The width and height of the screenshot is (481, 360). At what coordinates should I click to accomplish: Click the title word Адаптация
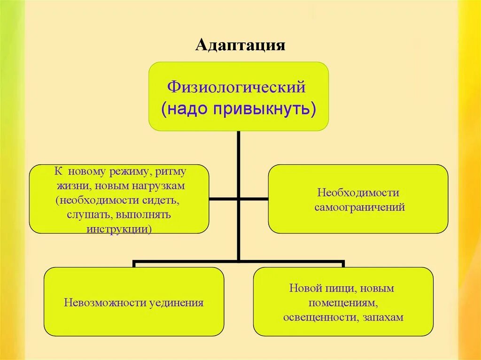240,46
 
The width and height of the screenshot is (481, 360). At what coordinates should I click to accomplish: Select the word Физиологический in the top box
237,87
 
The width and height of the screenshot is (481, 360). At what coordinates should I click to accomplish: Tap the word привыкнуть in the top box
265,109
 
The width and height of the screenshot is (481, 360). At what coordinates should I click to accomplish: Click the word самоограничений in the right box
359,207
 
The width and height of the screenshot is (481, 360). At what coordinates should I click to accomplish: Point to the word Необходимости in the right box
358,193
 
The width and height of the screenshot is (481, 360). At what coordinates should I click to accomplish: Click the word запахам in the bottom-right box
383,317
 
